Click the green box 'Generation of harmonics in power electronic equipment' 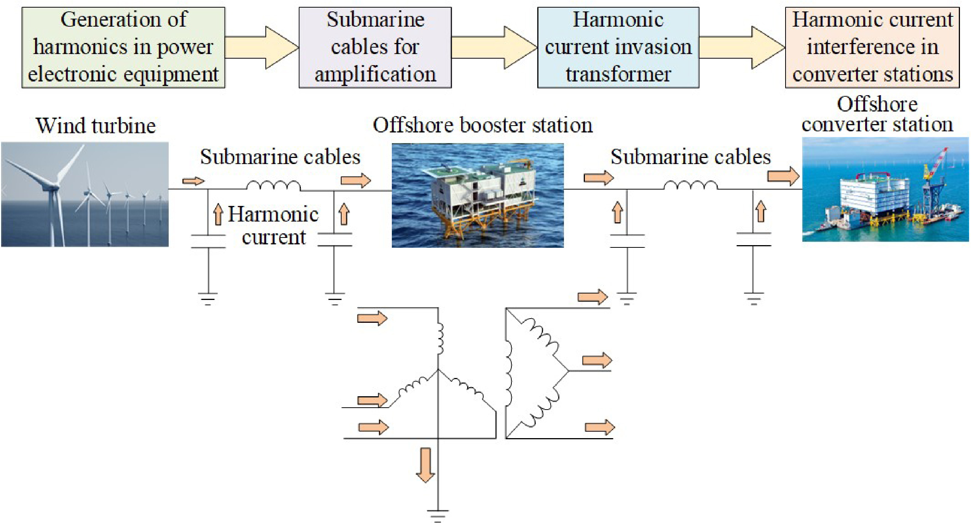(123, 48)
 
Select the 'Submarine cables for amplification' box (375, 48)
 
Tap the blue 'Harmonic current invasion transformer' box (618, 48)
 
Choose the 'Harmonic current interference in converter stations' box (872, 48)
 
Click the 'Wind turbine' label (96, 126)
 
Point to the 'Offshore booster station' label (483, 125)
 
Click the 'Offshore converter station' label (877, 114)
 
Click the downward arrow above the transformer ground (425, 464)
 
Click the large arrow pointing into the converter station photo (783, 176)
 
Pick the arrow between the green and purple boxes (262, 48)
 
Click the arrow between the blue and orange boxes (742, 48)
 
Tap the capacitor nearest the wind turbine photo (208, 241)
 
